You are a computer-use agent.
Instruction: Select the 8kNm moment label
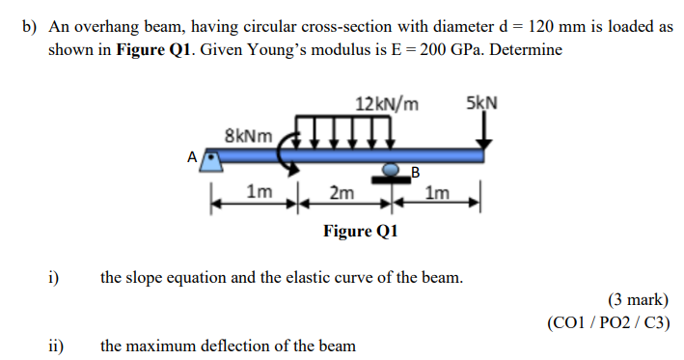(x=247, y=135)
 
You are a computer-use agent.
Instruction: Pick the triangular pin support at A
(x=211, y=164)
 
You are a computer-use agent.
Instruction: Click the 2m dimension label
(x=341, y=193)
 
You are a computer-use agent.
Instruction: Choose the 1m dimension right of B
(x=436, y=193)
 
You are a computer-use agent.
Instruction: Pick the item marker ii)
(x=58, y=345)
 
